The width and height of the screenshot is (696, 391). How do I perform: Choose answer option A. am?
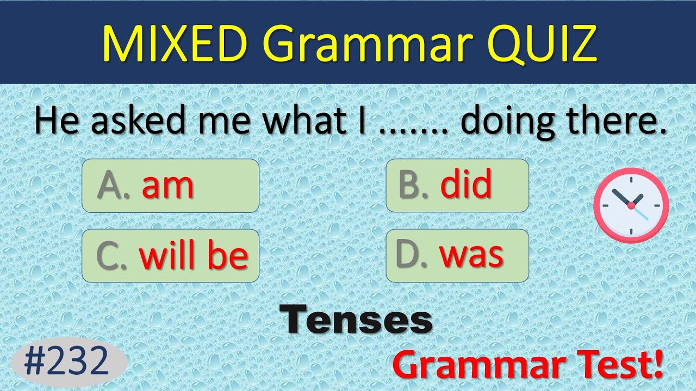[170, 186]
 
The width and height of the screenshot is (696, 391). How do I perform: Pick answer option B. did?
[457, 186]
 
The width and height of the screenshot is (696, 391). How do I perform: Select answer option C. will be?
[170, 256]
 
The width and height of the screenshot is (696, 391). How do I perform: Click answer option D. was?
[457, 256]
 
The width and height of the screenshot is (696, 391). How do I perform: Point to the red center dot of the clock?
[631, 206]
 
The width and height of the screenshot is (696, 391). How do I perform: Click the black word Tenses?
[356, 320]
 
